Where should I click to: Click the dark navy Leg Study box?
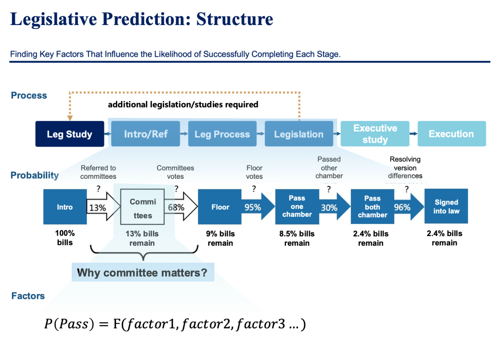pyautogui.click(x=69, y=134)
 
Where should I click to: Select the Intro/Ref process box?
pyautogui.click(x=145, y=134)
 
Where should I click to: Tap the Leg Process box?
pyautogui.click(x=222, y=134)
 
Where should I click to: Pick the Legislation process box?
pyautogui.click(x=298, y=134)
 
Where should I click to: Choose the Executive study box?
pyautogui.click(x=375, y=134)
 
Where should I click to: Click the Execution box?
pyautogui.click(x=451, y=134)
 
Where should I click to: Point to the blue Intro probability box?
pyautogui.click(x=65, y=207)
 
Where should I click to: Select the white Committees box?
pyautogui.click(x=142, y=208)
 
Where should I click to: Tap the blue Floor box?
pyautogui.click(x=220, y=207)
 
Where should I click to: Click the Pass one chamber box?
pyautogui.click(x=297, y=207)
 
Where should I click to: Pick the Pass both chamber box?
pyautogui.click(x=372, y=207)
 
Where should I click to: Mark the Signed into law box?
pyautogui.click(x=446, y=207)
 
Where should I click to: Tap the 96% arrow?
pyautogui.click(x=403, y=208)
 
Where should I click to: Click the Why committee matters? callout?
pyautogui.click(x=143, y=272)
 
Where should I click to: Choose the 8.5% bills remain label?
pyautogui.click(x=297, y=238)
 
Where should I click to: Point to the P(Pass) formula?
pyautogui.click(x=175, y=324)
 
